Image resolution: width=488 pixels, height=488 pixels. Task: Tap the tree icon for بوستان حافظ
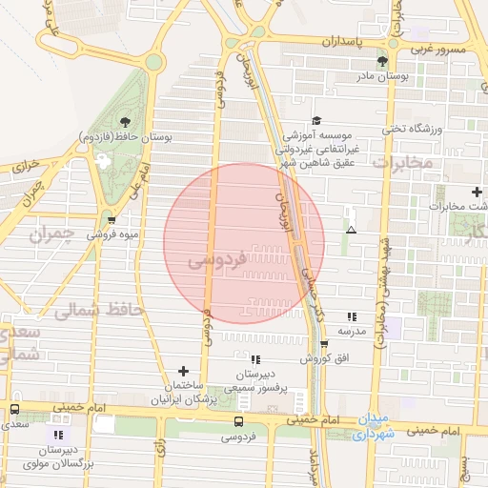[x=125, y=121]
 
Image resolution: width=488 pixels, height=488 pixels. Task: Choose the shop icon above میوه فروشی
[x=112, y=219]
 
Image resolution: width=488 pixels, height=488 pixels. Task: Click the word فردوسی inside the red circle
[x=217, y=258]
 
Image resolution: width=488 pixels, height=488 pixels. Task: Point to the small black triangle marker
[x=352, y=230]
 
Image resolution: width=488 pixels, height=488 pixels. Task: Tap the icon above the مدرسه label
[x=352, y=316]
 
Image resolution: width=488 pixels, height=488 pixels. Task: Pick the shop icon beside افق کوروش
[x=324, y=344]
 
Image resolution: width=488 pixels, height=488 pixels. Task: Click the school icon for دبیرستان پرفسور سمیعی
[x=254, y=359]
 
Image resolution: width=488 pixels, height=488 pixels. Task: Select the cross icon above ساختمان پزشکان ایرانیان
[x=185, y=370]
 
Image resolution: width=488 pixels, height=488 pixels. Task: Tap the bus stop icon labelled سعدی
[x=14, y=409]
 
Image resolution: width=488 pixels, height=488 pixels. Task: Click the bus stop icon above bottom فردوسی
[x=238, y=421]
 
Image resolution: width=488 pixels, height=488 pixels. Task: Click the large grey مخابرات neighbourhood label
[x=401, y=163]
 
